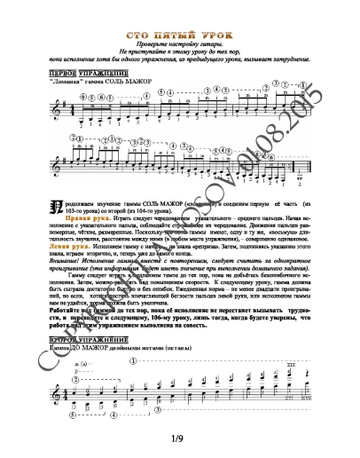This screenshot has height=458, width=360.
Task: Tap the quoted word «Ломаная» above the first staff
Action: coord(71,82)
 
